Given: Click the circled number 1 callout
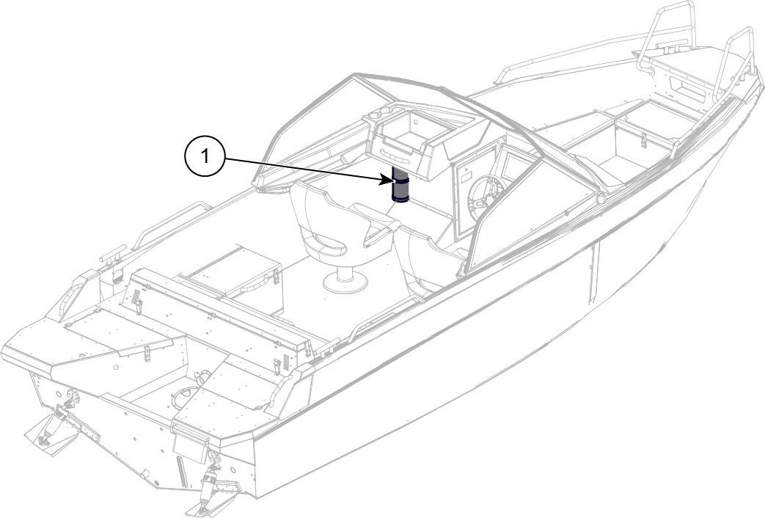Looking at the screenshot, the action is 205,157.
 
